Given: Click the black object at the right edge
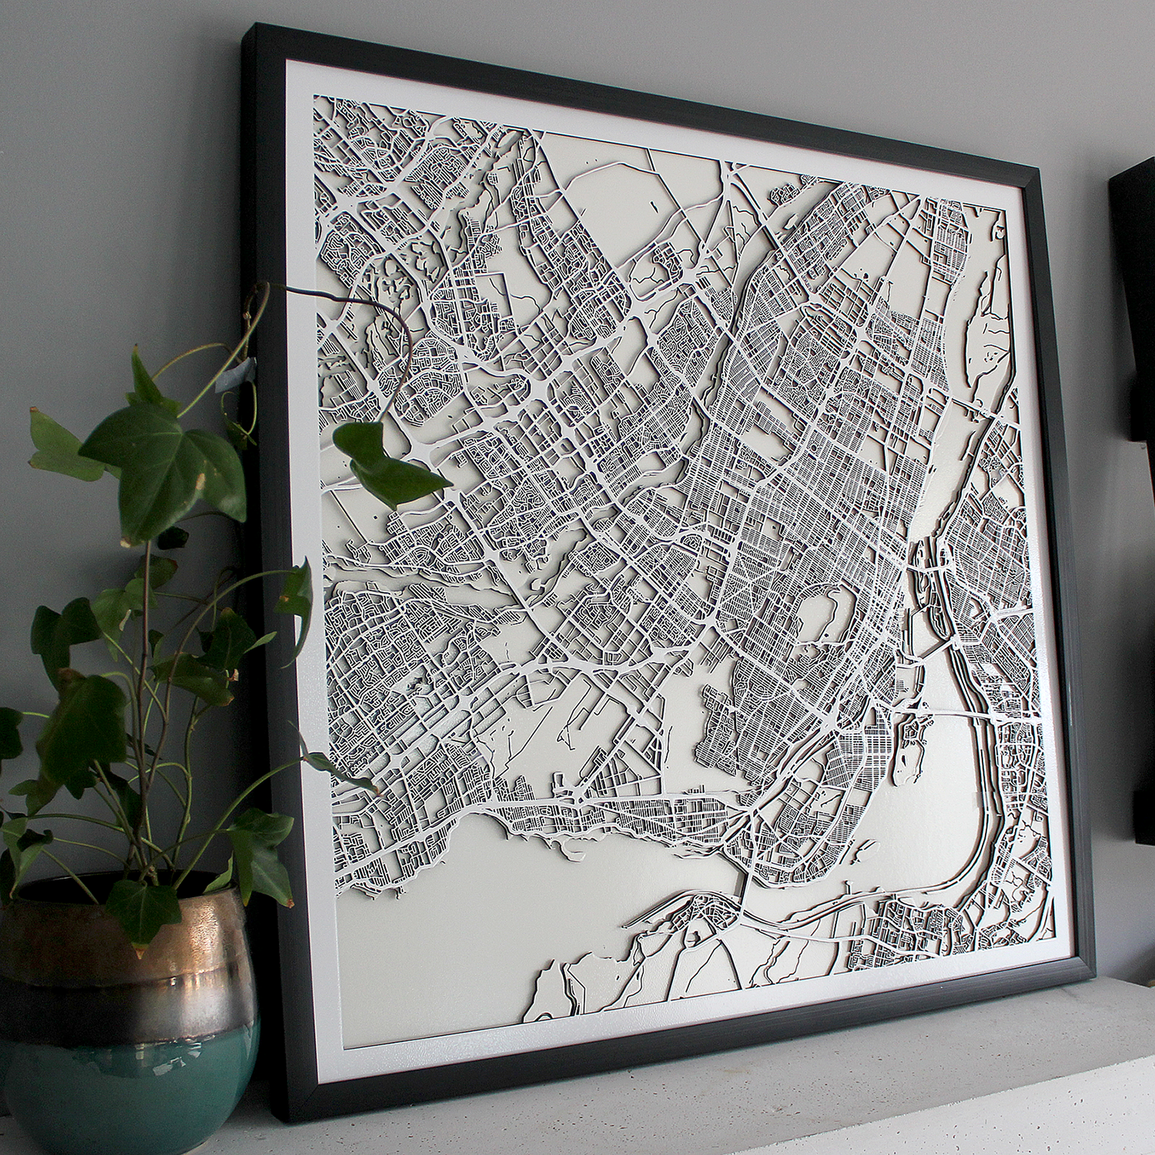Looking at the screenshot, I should pyautogui.click(x=1136, y=308).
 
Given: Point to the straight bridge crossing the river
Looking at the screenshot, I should pyautogui.click(x=970, y=716).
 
